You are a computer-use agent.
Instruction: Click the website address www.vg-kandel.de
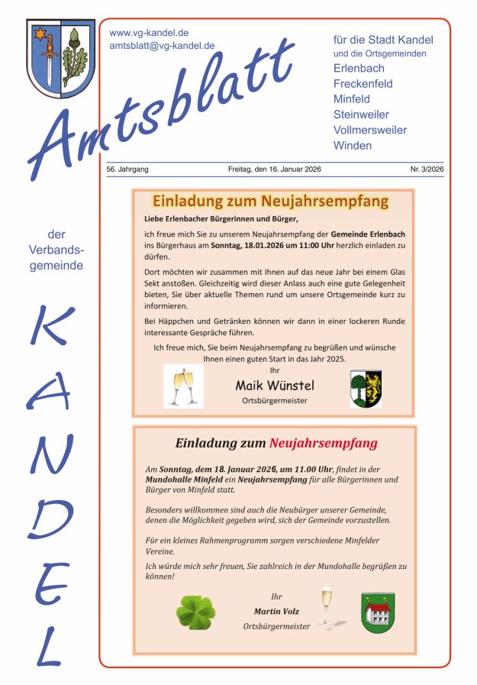pyautogui.click(x=149, y=33)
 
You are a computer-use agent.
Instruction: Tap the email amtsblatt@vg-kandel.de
pyautogui.click(x=162, y=46)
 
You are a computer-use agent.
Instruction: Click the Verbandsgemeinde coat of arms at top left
pyautogui.click(x=61, y=60)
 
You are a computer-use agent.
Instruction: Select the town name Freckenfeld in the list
pyautogui.click(x=363, y=84)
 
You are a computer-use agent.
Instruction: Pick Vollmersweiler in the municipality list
pyautogui.click(x=370, y=130)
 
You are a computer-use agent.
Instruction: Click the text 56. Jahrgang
pyautogui.click(x=127, y=169)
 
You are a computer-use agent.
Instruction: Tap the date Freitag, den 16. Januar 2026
pyautogui.click(x=274, y=169)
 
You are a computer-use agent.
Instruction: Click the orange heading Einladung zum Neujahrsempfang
pyautogui.click(x=270, y=202)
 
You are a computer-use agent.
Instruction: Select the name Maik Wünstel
pyautogui.click(x=274, y=385)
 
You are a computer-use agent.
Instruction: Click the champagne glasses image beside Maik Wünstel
pyautogui.click(x=183, y=386)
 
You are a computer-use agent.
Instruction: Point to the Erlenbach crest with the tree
pyautogui.click(x=366, y=388)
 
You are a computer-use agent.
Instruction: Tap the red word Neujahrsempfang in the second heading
pyautogui.click(x=323, y=443)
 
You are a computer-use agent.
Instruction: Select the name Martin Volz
pyautogui.click(x=276, y=612)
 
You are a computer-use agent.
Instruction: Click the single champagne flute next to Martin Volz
pyautogui.click(x=327, y=606)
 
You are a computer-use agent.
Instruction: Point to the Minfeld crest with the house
pyautogui.click(x=378, y=612)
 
